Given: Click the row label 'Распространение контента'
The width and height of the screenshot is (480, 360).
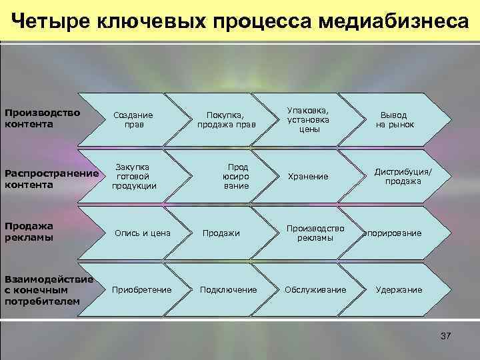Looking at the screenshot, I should tap(51, 178).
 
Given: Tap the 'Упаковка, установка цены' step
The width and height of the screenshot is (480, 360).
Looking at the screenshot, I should tap(308, 119).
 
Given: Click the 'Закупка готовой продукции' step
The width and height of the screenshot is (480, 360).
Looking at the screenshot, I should tap(135, 176).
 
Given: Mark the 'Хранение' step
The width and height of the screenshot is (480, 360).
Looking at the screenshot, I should tap(308, 177).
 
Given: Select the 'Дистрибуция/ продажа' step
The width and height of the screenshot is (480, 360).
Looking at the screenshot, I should tap(403, 176).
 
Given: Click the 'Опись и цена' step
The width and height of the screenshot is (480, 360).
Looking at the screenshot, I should tap(143, 233).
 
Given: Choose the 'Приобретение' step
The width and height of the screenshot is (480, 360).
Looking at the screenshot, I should tap(142, 290).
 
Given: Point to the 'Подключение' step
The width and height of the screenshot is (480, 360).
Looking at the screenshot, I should tap(228, 290).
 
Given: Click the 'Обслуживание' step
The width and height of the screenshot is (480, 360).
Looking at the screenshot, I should tap(315, 290).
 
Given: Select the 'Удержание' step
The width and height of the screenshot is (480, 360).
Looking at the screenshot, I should tap(399, 290).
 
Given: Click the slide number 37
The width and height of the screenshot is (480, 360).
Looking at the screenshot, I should tap(446, 336).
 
